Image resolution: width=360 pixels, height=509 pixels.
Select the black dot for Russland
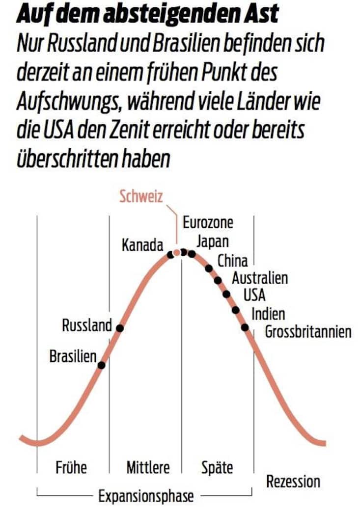pyautogui.click(x=119, y=327)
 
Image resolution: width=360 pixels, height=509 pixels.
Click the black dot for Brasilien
pyautogui.click(x=101, y=365)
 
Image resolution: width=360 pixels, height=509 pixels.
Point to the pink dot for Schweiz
pyautogui.click(x=177, y=253)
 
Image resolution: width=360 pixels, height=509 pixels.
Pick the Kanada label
pyautogui.click(x=142, y=245)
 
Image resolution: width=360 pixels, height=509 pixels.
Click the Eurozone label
pyautogui.click(x=208, y=223)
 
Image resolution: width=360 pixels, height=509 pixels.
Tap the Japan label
pyautogui.click(x=212, y=241)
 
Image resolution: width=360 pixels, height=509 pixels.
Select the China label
pyautogui.click(x=233, y=260)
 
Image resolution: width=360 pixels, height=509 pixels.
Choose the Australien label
pyautogui.click(x=260, y=278)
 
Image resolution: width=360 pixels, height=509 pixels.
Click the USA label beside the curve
pyautogui.click(x=254, y=295)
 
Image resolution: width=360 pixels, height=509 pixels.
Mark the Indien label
pyautogui.click(x=268, y=313)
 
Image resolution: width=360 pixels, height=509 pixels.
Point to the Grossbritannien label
pyautogui.click(x=308, y=332)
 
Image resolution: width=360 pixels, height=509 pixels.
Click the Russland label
pyautogui.click(x=87, y=325)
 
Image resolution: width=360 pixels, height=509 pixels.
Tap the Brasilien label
pyautogui.click(x=73, y=357)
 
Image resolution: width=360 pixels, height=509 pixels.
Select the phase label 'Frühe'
pyautogui.click(x=71, y=468)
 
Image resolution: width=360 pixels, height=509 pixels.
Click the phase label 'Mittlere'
pyautogui.click(x=148, y=468)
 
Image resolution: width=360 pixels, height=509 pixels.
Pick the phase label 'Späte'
pyautogui.click(x=217, y=468)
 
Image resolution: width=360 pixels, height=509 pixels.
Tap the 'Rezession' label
pyautogui.click(x=293, y=482)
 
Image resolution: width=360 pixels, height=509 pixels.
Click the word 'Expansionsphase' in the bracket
pyautogui.click(x=146, y=496)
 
